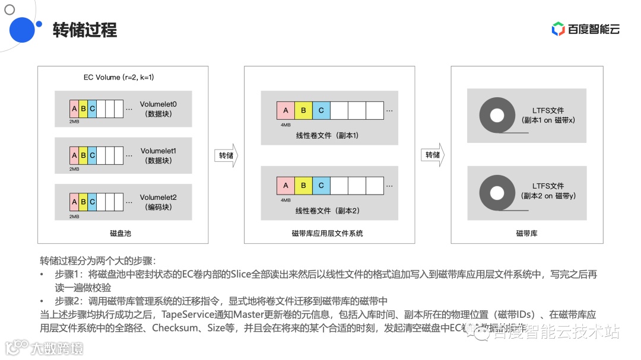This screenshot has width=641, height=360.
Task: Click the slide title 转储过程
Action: [85, 30]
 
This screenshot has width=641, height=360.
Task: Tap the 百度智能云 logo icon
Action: [558, 28]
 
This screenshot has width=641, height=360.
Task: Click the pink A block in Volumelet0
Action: [74, 109]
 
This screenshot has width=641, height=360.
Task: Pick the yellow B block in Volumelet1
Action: [83, 155]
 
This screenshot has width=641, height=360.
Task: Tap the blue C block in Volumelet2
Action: [92, 202]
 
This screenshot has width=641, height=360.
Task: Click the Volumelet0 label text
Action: [158, 104]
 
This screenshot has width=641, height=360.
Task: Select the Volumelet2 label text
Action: [158, 197]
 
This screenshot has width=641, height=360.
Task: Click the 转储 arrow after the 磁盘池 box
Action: [226, 155]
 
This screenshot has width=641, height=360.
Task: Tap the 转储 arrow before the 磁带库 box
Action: [433, 155]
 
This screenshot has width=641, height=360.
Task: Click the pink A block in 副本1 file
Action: [285, 110]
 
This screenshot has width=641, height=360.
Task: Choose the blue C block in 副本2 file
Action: [321, 186]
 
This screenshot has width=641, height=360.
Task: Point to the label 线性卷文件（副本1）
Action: [328, 136]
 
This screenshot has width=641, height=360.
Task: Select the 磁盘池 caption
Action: [120, 233]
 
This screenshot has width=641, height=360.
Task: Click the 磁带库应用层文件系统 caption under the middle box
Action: [328, 233]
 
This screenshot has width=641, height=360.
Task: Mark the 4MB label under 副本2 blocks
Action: [285, 200]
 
